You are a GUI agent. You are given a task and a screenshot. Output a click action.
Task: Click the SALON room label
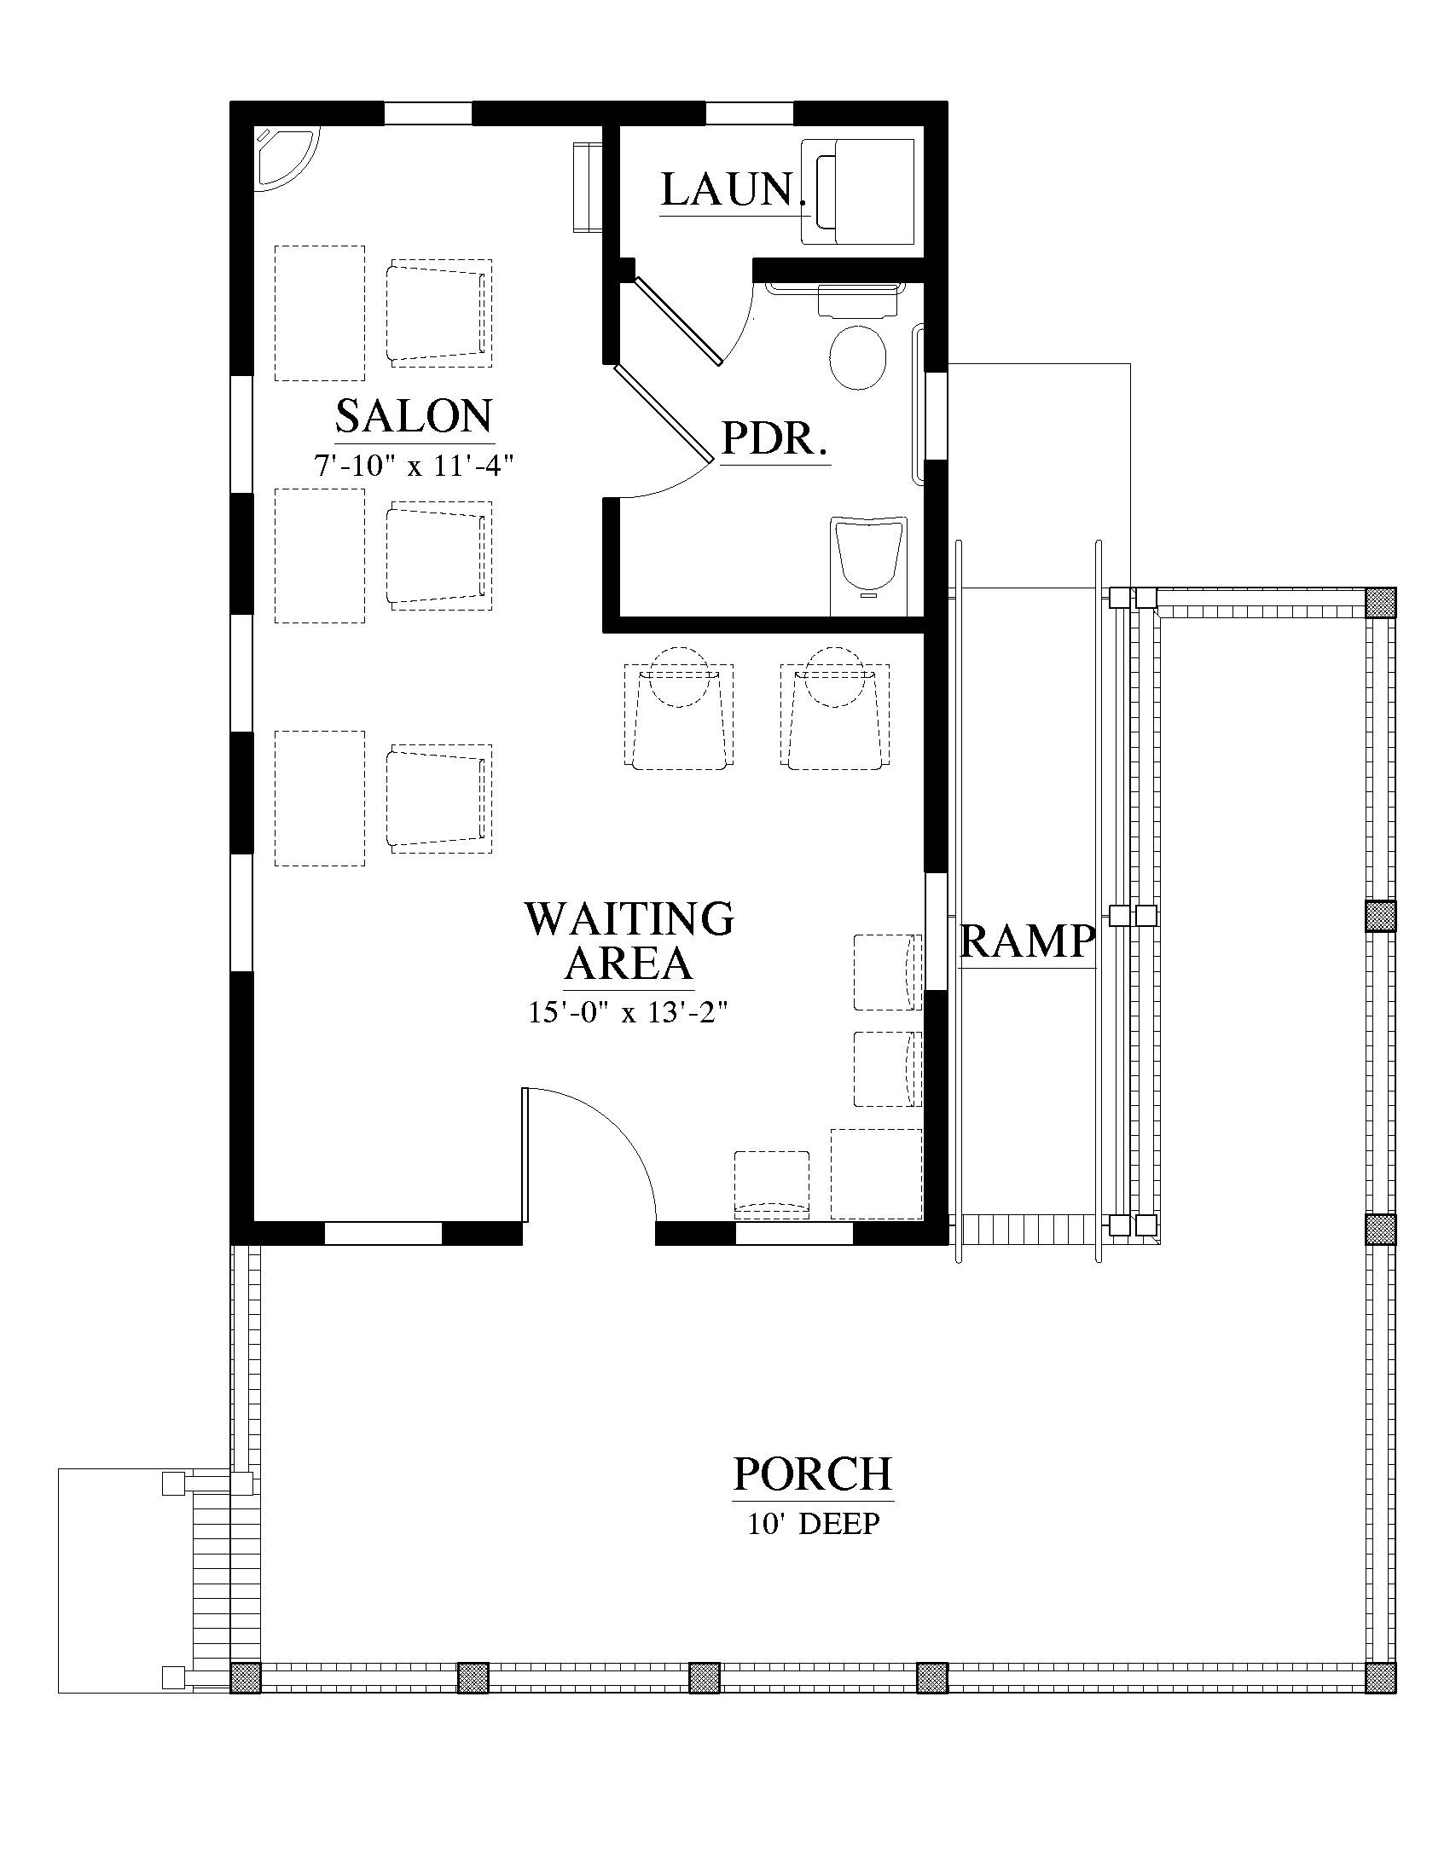pos(414,417)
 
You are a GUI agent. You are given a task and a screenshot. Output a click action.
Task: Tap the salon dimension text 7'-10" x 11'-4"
pos(414,466)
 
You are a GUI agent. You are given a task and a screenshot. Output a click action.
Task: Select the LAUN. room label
pos(734,190)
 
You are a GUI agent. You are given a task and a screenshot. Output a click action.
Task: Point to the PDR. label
pos(774,438)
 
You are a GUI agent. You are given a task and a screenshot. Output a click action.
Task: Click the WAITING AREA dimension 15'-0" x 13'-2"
pos(628,1013)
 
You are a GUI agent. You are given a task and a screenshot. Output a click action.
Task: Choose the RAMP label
pos(1028,941)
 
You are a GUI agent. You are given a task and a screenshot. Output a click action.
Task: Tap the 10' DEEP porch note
pos(814,1524)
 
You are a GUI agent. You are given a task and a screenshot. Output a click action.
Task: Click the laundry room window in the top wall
pos(748,113)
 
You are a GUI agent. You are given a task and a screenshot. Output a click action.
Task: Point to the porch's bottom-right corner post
pos(1380,1676)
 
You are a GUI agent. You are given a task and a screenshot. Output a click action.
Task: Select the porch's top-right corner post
pos(1380,602)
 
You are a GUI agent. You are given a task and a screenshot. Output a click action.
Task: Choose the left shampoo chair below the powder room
pos(679,715)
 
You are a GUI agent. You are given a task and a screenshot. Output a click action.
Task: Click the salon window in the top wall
pos(428,113)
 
